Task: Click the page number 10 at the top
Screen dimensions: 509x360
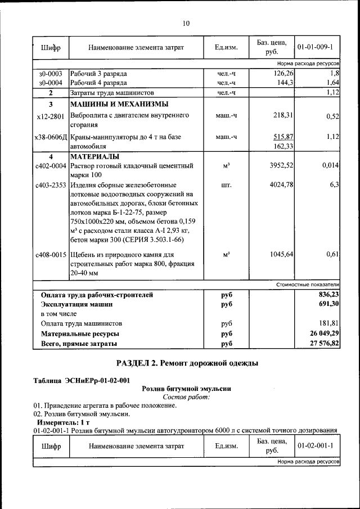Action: pyautogui.click(x=186, y=23)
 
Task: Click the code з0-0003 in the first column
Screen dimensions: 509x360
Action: pyautogui.click(x=50, y=74)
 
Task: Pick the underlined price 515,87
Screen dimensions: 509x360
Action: pyautogui.click(x=283, y=137)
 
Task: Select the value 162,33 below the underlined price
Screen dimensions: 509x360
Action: pyautogui.click(x=283, y=146)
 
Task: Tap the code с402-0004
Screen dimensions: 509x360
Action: pyautogui.click(x=50, y=166)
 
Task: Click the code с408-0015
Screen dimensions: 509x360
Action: pyautogui.click(x=50, y=255)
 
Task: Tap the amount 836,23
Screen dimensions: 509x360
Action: pyautogui.click(x=328, y=295)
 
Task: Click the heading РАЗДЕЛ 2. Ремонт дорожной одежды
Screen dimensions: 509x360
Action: pyautogui.click(x=187, y=363)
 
